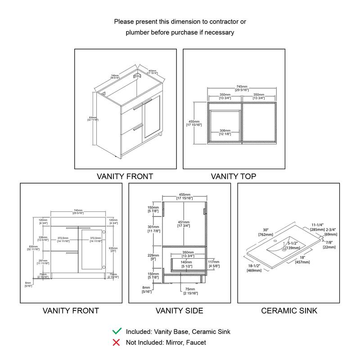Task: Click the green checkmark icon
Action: [x=117, y=332]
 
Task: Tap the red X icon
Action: [x=117, y=342]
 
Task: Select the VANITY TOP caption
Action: [x=234, y=176]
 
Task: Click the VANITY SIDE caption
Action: [x=179, y=310]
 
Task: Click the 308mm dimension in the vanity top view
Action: [x=225, y=131]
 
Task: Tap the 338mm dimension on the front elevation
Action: [x=43, y=238]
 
